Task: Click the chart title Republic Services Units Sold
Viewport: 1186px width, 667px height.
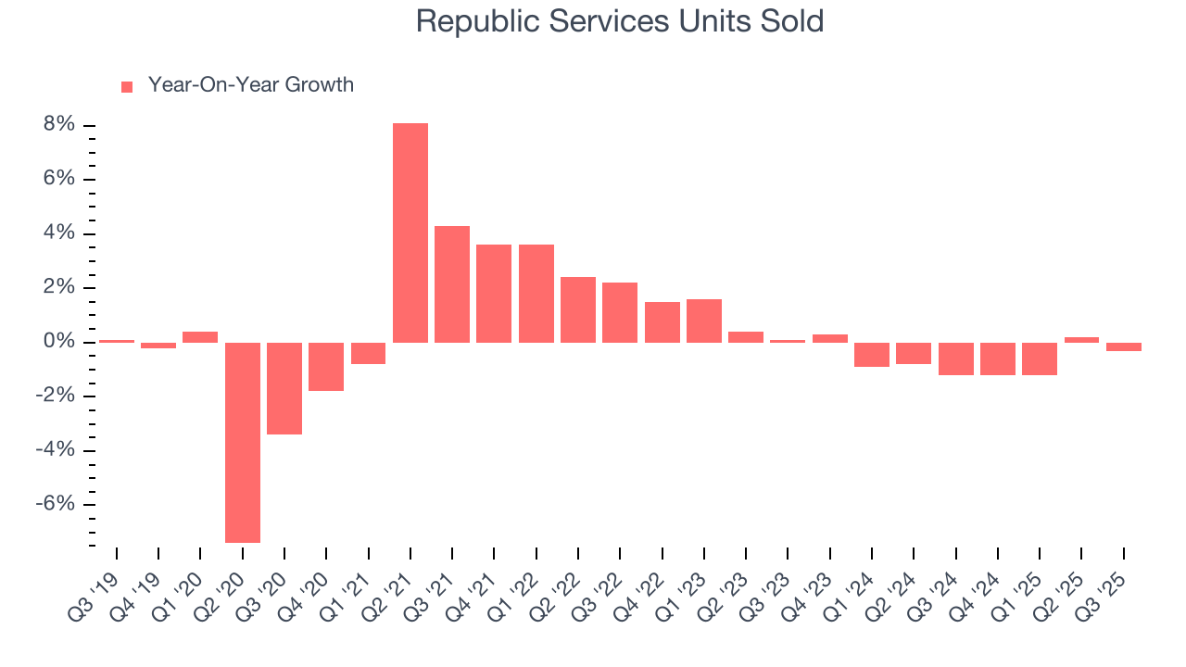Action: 619,20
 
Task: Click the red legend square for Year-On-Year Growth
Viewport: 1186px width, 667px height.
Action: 127,86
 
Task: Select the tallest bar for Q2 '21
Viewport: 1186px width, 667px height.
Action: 410,233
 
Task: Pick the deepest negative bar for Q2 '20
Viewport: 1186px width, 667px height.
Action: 243,442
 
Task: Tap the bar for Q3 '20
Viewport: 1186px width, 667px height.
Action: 284,388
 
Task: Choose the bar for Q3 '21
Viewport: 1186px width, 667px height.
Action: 452,284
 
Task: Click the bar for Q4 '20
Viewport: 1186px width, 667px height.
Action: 326,367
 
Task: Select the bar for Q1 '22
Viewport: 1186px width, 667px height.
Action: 536,294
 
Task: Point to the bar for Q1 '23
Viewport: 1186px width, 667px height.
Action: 704,321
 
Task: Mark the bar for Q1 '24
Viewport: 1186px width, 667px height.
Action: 872,355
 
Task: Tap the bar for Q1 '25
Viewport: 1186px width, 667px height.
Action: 1040,359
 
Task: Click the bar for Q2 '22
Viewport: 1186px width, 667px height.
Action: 578,309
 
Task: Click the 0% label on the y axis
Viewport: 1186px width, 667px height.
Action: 58,342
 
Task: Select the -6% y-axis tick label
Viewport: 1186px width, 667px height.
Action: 55,504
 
